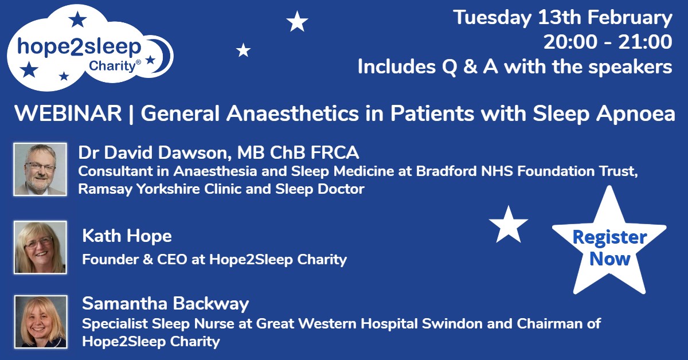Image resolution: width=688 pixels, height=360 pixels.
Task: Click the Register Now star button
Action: click(x=609, y=248)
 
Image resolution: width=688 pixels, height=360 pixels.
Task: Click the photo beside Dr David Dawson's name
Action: click(x=40, y=169)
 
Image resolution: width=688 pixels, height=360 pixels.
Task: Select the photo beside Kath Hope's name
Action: click(x=40, y=246)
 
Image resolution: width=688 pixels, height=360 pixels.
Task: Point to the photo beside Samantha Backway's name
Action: click(x=40, y=321)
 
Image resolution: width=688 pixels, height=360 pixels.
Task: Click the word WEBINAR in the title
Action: click(x=68, y=114)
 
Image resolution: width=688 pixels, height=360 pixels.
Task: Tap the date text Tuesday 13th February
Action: click(x=562, y=18)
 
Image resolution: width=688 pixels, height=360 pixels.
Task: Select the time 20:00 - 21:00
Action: click(x=608, y=42)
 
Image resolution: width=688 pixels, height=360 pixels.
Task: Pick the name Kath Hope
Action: click(x=127, y=236)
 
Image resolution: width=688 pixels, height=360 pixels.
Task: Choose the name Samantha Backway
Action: click(x=166, y=303)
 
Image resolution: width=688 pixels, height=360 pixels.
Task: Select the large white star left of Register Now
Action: click(x=508, y=225)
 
